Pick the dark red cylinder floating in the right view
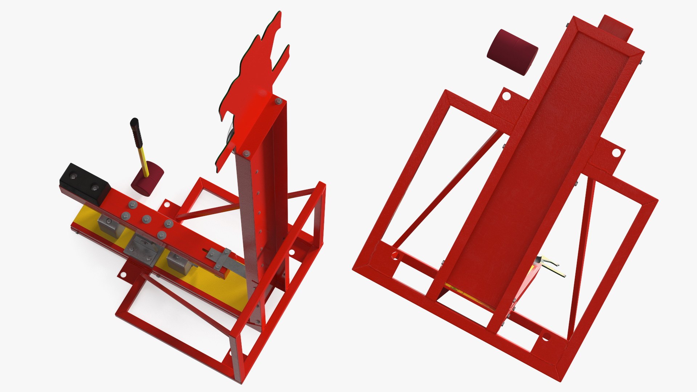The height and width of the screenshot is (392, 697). (x=512, y=52)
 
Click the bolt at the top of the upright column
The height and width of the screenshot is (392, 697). (x=278, y=101)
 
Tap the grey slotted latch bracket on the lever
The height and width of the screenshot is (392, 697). (x=220, y=258)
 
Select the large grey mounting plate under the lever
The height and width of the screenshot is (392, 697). (x=143, y=251)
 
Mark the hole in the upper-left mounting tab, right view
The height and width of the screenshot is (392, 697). (x=506, y=96)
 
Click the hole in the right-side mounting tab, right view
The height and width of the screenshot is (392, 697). (x=616, y=153)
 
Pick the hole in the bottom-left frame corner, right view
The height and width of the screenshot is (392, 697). (x=395, y=256)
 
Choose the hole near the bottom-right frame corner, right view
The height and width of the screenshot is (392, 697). (x=546, y=338)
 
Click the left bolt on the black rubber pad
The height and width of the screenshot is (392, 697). (x=74, y=176)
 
